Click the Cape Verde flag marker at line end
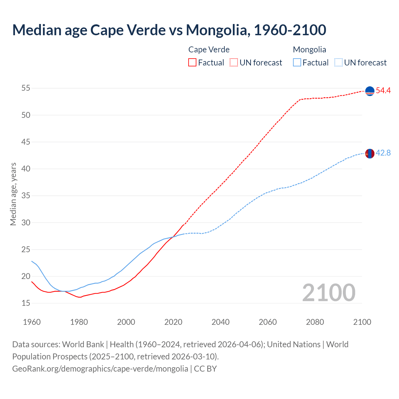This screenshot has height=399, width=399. [x=370, y=91]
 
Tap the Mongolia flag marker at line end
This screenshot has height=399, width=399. [x=370, y=153]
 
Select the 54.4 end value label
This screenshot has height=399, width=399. [x=383, y=91]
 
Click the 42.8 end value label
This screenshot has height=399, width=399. [x=383, y=153]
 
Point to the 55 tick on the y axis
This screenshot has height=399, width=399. [x=26, y=88]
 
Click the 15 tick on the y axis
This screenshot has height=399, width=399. [x=26, y=303]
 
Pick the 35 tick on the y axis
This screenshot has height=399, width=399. [x=26, y=196]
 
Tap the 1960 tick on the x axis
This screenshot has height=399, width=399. [x=32, y=322]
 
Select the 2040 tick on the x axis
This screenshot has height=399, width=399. [x=220, y=322]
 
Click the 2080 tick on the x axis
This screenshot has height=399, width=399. [x=315, y=322]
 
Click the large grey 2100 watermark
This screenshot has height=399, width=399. [x=329, y=292]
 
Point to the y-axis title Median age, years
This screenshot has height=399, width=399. [x=13, y=194]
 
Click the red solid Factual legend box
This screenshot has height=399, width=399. [x=192, y=63]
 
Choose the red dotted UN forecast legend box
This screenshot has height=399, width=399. [x=234, y=63]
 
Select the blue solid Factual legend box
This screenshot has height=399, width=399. [x=297, y=63]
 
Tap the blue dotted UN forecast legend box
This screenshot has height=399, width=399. [x=339, y=63]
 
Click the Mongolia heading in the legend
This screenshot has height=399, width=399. [x=310, y=50]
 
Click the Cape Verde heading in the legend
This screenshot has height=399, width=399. [x=209, y=50]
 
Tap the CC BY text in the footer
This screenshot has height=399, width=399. [x=205, y=369]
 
